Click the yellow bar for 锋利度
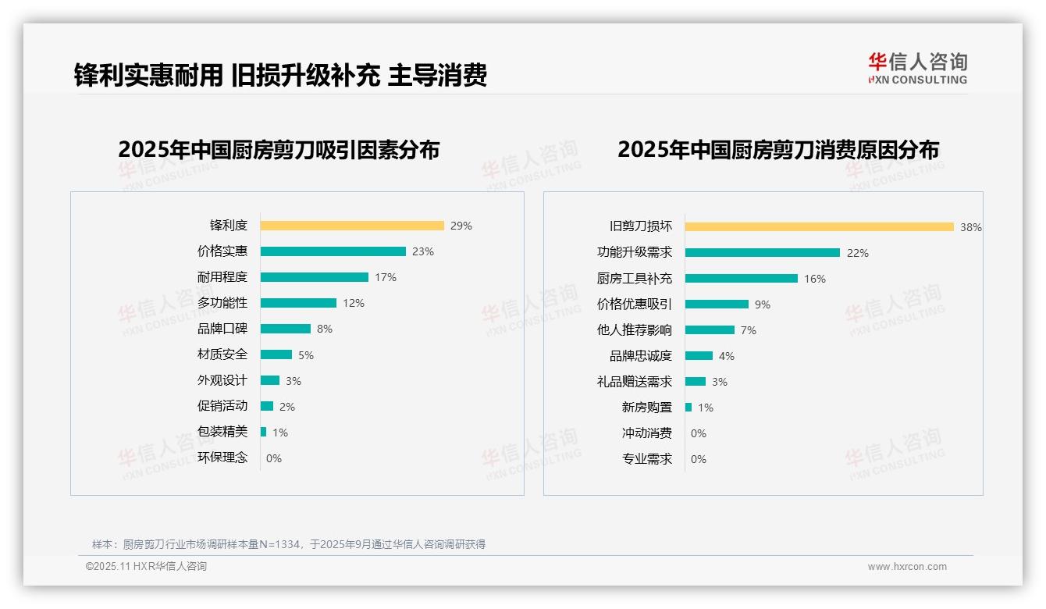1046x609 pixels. [x=352, y=226]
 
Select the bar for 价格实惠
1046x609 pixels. [x=333, y=251]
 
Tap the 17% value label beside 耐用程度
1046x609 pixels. [x=386, y=277]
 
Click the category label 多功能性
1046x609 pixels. [x=222, y=303]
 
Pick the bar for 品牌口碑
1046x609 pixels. [x=286, y=329]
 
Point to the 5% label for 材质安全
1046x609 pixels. [x=306, y=355]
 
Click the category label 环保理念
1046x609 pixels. [x=222, y=458]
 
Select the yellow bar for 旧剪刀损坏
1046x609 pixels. [x=820, y=227]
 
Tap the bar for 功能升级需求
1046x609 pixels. [x=763, y=253]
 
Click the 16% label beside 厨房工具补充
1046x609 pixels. [x=815, y=279]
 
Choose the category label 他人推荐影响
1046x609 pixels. [x=635, y=330]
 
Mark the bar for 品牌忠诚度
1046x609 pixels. [x=699, y=356]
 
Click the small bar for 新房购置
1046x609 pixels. [x=688, y=408]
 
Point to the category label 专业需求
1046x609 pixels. [x=647, y=459]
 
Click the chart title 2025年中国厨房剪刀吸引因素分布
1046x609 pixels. [x=279, y=150]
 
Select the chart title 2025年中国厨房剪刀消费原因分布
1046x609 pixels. [x=778, y=150]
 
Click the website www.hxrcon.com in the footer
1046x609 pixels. [x=907, y=567]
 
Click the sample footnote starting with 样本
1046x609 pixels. [x=289, y=544]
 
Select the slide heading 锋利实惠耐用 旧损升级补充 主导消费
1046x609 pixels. [x=280, y=76]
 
